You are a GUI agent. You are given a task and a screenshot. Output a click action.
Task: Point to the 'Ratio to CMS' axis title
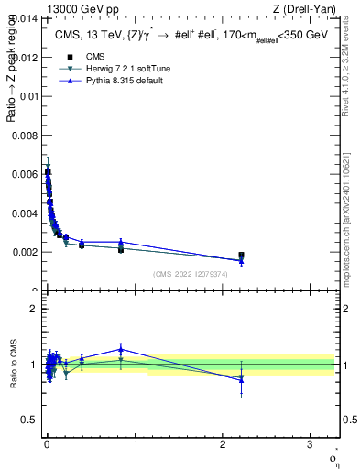pyautogui.click(x=12, y=364)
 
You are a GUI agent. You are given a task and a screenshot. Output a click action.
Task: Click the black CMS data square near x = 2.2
pyautogui.click(x=241, y=256)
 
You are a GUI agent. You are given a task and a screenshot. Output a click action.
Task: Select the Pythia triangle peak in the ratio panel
pyautogui.click(x=121, y=348)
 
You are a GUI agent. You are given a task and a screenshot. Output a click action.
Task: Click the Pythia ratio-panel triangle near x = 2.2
pyautogui.click(x=241, y=378)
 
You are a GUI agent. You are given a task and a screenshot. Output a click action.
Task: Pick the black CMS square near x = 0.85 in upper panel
pyautogui.click(x=121, y=249)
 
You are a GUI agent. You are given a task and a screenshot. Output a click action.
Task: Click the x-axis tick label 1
pyautogui.click(x=135, y=447)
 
